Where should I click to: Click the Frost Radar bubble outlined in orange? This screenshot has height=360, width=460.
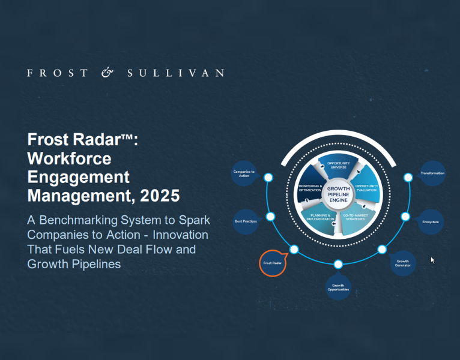coord(273,263)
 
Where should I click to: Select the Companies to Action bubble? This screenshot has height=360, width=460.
coord(244,173)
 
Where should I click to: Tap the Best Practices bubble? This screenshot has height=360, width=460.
coord(246,221)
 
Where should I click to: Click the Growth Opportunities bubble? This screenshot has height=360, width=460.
coord(338,286)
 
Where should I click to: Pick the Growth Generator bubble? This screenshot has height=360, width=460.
coord(402,263)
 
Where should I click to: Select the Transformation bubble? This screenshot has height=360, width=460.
coord(432,173)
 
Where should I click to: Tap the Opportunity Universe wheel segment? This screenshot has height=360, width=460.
coord(337,166)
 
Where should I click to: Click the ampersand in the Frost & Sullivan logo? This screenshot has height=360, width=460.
coord(107,73)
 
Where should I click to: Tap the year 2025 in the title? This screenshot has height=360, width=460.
coord(162,195)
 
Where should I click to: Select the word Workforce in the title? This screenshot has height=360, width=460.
coord(69,158)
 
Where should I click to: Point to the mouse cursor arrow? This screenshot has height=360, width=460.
coord(432,260)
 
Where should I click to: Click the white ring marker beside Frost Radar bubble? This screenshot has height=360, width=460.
coord(294,249)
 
